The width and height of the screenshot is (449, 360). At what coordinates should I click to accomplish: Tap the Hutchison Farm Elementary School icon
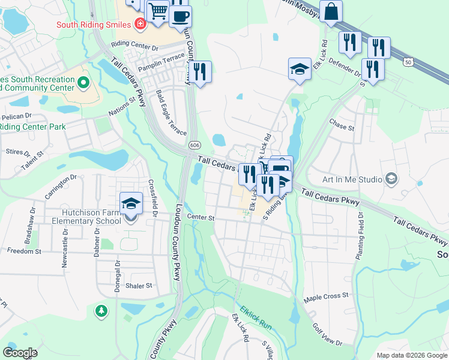pos(131,203)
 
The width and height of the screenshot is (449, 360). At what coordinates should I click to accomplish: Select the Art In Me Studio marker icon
pos(392,179)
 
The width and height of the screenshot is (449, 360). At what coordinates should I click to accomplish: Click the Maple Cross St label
pos(326,296)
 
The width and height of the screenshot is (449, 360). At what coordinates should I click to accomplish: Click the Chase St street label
pos(342,125)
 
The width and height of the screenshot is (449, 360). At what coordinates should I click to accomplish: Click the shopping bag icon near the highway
pos(331,11)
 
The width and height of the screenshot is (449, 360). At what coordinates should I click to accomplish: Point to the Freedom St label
pos(20,251)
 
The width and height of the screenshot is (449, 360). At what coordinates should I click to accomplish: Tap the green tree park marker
pos(101,311)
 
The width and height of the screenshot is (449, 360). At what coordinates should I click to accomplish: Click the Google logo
pos(20,352)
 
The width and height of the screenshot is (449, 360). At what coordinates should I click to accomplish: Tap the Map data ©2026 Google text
pos(411,355)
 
